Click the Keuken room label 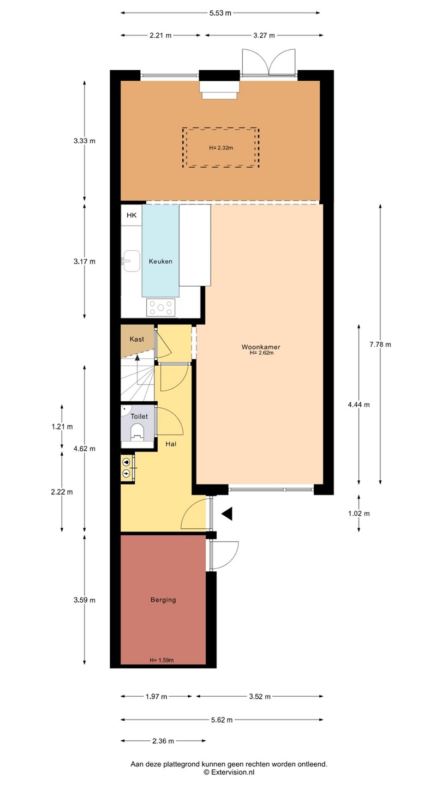click(160, 262)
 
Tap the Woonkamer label click(261, 347)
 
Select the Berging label click(163, 600)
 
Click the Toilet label click(139, 416)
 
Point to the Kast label click(137, 339)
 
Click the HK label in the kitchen click(132, 215)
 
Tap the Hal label click(171, 444)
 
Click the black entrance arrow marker click(227, 514)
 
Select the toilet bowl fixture click(137, 431)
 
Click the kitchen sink click(131, 261)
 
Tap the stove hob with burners click(161, 307)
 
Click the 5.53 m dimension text click(220, 13)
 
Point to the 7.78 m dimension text click(380, 345)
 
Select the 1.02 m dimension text click(359, 514)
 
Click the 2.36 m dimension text click(163, 741)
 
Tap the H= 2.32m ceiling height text click(221, 148)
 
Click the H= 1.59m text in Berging click(162, 660)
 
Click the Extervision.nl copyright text click(229, 772)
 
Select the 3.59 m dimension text click(85, 600)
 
